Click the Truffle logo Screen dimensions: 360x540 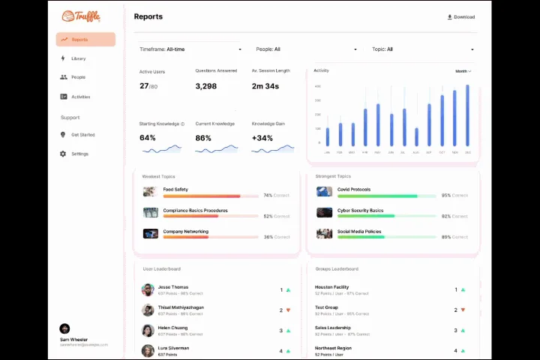click(x=80, y=16)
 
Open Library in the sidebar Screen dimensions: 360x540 click(x=78, y=58)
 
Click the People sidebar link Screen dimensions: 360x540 click(x=78, y=77)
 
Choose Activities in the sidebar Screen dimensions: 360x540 click(x=80, y=97)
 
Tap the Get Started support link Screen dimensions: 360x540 click(x=82, y=135)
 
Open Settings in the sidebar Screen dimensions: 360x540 click(x=79, y=154)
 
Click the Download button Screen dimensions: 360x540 click(x=460, y=16)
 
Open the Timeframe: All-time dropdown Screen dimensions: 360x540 click(x=190, y=49)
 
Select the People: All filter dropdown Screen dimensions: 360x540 click(x=306, y=49)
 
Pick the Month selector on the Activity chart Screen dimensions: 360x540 click(x=463, y=71)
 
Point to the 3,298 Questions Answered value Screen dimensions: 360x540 click(x=205, y=86)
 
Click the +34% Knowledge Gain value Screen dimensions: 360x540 click(x=262, y=138)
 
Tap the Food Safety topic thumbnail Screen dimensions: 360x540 click(x=150, y=192)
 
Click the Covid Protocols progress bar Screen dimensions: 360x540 click(x=386, y=196)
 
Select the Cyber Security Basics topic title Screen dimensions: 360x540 click(x=360, y=211)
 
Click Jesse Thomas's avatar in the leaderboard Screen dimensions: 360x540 click(x=148, y=289)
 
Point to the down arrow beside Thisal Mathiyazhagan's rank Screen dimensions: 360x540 click(x=288, y=310)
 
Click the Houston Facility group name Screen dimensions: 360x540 click(x=331, y=287)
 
